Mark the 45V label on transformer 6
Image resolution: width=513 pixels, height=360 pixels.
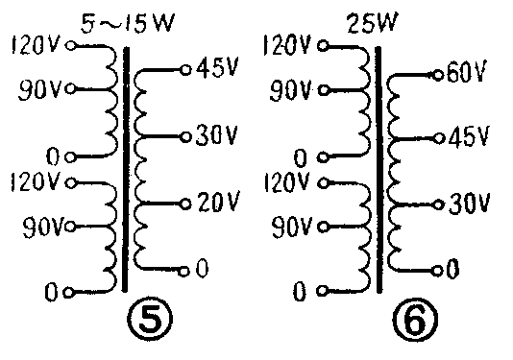coord(470,137)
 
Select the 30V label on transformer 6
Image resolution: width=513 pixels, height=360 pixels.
coord(470,204)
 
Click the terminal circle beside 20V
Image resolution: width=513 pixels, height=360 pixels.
coord(185,204)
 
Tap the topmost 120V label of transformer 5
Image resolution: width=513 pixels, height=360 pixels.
coord(32,45)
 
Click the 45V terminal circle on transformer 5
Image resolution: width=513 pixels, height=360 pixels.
coord(185,69)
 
